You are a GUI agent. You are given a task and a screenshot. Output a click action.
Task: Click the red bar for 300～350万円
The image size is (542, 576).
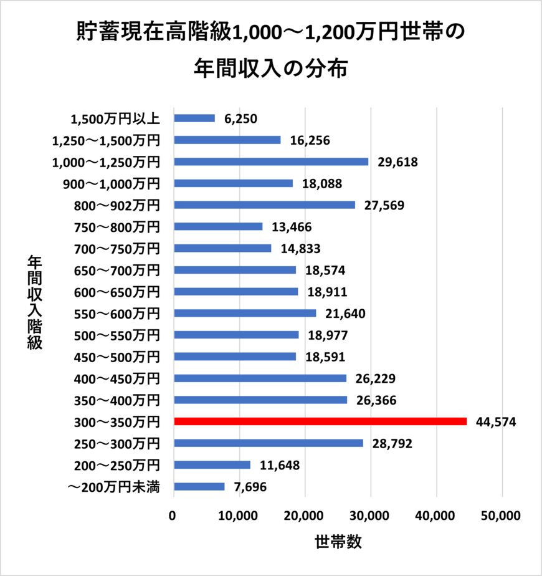(320, 421)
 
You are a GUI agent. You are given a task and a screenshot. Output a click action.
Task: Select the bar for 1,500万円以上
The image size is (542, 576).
(194, 118)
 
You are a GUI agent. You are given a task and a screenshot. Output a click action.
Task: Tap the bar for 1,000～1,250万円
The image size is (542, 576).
(271, 161)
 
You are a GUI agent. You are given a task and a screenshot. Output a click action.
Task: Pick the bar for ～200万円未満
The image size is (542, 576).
(199, 486)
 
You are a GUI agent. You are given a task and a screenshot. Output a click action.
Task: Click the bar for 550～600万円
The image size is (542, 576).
(245, 313)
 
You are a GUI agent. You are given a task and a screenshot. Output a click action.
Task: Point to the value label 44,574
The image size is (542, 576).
(496, 422)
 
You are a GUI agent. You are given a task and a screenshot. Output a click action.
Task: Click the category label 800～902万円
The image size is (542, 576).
(117, 205)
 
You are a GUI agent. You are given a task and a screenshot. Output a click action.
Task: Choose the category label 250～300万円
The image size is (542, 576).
(117, 443)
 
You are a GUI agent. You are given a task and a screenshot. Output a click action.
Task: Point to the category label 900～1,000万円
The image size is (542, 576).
(112, 183)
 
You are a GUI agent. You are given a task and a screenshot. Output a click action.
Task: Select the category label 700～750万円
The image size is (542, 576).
(117, 249)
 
